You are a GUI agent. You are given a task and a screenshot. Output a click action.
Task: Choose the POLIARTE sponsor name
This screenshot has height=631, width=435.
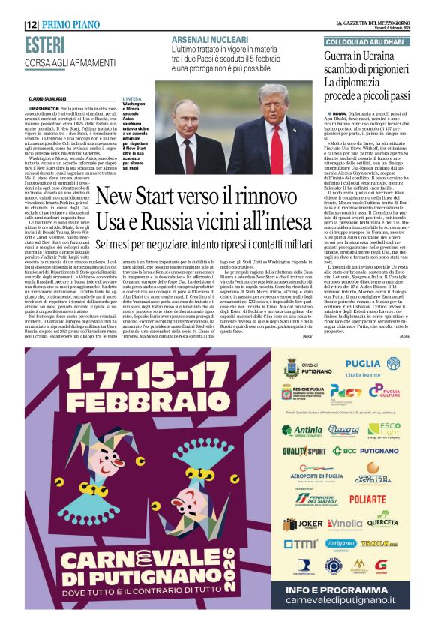367,498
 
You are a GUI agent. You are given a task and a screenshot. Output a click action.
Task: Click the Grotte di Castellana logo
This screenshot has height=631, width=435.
367,473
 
